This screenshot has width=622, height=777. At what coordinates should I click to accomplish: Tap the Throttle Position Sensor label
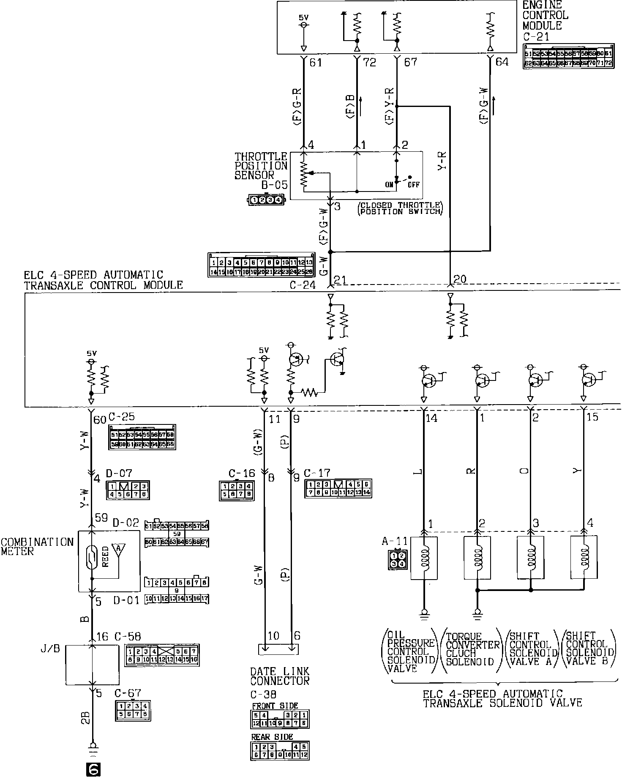click(x=261, y=166)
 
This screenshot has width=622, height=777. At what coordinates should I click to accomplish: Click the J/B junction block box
click(x=92, y=665)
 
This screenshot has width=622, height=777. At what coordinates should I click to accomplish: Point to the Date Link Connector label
click(x=280, y=676)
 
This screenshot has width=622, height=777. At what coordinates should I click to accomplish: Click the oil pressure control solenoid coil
click(x=424, y=558)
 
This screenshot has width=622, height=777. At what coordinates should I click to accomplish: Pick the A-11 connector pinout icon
click(x=398, y=560)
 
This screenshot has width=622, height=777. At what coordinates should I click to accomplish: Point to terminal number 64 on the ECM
click(x=502, y=62)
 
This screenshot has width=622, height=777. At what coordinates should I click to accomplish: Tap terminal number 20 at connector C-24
click(x=459, y=279)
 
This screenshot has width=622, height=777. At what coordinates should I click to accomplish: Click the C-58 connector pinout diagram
click(x=162, y=655)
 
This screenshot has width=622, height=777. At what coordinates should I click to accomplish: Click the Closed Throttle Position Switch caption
click(x=399, y=208)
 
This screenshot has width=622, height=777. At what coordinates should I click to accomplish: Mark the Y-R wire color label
click(x=442, y=160)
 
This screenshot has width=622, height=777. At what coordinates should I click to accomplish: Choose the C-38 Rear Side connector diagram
click(x=280, y=750)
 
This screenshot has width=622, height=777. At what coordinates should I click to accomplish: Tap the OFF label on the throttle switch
click(x=413, y=185)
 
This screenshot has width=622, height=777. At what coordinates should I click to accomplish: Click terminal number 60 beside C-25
click(x=99, y=420)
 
